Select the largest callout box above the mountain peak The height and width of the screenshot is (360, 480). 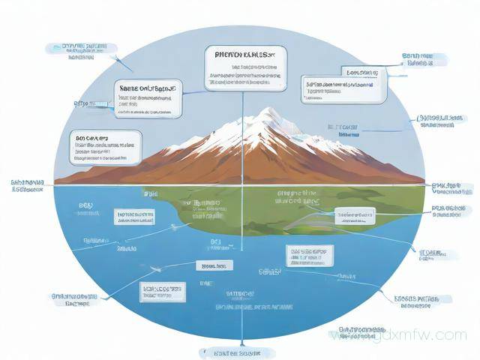(x=246, y=67)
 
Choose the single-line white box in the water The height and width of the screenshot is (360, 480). (x=213, y=265)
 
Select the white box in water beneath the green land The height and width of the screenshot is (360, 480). (x=310, y=256)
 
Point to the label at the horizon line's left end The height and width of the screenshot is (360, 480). (x=28, y=186)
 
